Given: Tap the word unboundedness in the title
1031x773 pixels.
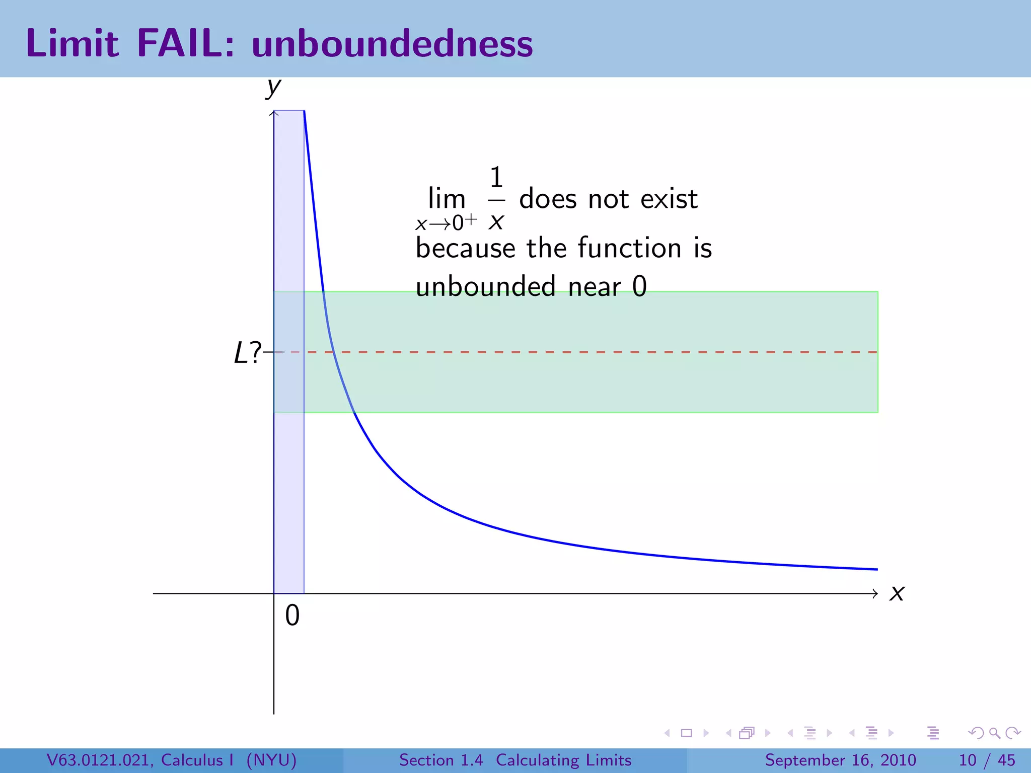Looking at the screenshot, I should click(392, 44).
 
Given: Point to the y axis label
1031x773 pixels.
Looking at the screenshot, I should click(273, 88).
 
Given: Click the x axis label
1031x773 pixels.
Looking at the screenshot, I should click(897, 593).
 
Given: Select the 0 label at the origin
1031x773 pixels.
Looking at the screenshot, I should click(292, 615).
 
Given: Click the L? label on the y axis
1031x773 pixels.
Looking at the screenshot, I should click(248, 352).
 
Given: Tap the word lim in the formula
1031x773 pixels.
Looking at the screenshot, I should click(447, 199).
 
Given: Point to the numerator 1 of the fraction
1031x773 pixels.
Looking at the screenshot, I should click(496, 178).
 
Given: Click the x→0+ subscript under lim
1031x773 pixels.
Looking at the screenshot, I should click(446, 222).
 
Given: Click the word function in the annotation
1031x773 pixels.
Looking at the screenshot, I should click(629, 248).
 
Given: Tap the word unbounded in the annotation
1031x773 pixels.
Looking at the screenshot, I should click(485, 287).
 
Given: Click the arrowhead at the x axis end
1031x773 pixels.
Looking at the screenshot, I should click(875, 594).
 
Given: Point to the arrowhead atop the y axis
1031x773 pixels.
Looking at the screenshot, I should click(274, 113).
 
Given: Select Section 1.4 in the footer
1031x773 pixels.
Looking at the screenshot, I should click(441, 760).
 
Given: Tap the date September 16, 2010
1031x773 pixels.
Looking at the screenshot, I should click(840, 760).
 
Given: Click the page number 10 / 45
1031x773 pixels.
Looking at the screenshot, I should click(987, 760).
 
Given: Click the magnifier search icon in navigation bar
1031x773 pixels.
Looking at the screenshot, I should click(994, 733).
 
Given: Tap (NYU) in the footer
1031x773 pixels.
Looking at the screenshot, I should click(271, 760).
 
